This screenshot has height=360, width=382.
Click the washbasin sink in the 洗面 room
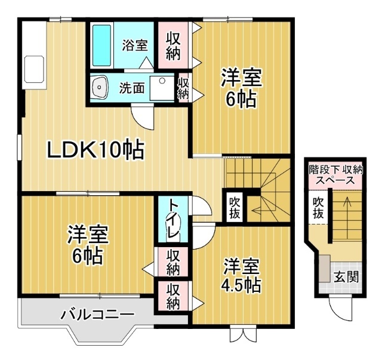coord(99,88)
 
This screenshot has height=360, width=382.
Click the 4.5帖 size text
coord(242,285)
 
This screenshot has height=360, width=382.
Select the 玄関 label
coord(346,277)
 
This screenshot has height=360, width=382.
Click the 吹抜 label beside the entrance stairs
coord(319,207)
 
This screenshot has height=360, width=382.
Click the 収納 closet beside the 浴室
coord(173,44)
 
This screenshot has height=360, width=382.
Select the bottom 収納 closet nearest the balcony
coord(173,296)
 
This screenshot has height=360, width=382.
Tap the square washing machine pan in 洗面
coord(161,88)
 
